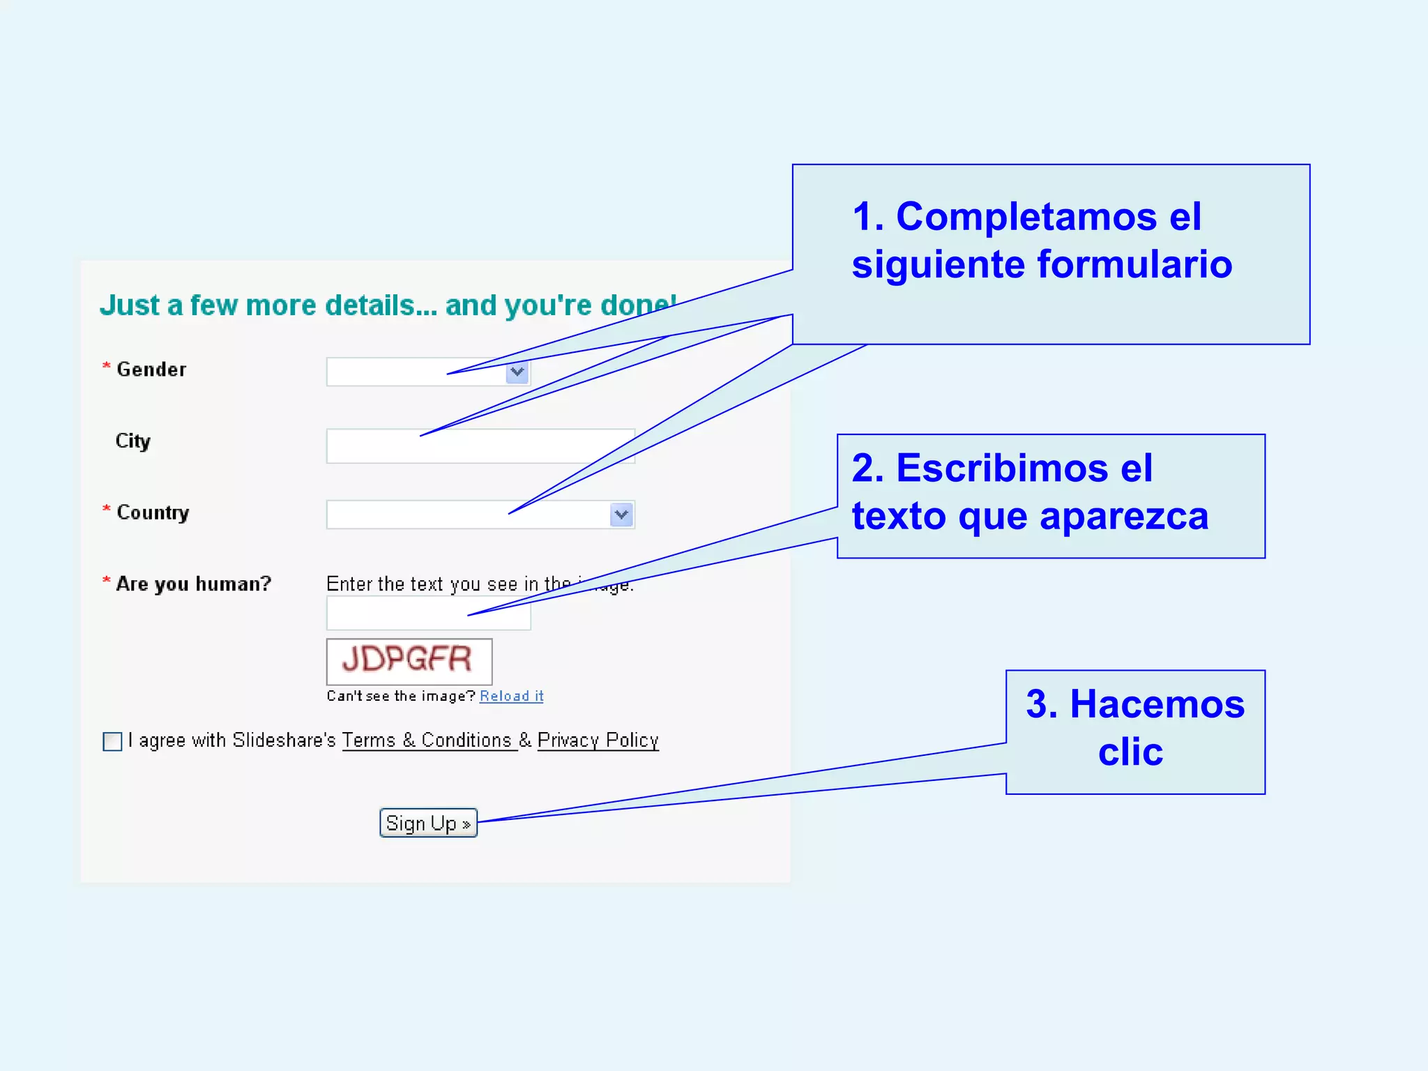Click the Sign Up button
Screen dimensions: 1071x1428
[428, 823]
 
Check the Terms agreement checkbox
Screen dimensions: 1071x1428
[112, 741]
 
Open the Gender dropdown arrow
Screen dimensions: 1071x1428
[517, 372]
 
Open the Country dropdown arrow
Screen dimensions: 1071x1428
[621, 515]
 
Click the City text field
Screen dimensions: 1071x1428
[480, 446]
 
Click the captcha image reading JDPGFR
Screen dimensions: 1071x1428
[409, 661]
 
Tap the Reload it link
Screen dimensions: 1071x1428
[511, 696]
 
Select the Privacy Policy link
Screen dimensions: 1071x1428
[598, 740]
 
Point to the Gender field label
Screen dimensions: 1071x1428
[151, 370]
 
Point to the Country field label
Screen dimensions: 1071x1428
[153, 512]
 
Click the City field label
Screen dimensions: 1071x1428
[132, 441]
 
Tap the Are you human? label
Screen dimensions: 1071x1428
[193, 584]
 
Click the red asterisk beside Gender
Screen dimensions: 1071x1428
[107, 366]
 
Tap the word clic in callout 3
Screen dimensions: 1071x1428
[1130, 752]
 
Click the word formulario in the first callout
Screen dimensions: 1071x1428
[1134, 265]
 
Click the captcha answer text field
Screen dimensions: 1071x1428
[428, 614]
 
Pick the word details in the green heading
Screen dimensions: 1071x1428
[370, 305]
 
